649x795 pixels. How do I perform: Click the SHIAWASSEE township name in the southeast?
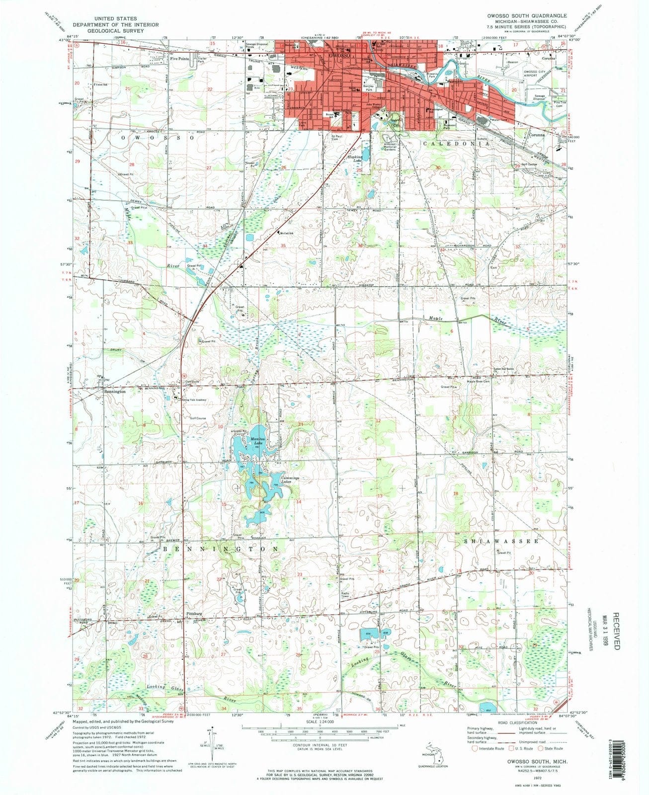[501, 541]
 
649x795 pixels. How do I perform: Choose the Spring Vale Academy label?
[194, 399]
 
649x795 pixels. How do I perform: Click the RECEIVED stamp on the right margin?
[616, 631]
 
